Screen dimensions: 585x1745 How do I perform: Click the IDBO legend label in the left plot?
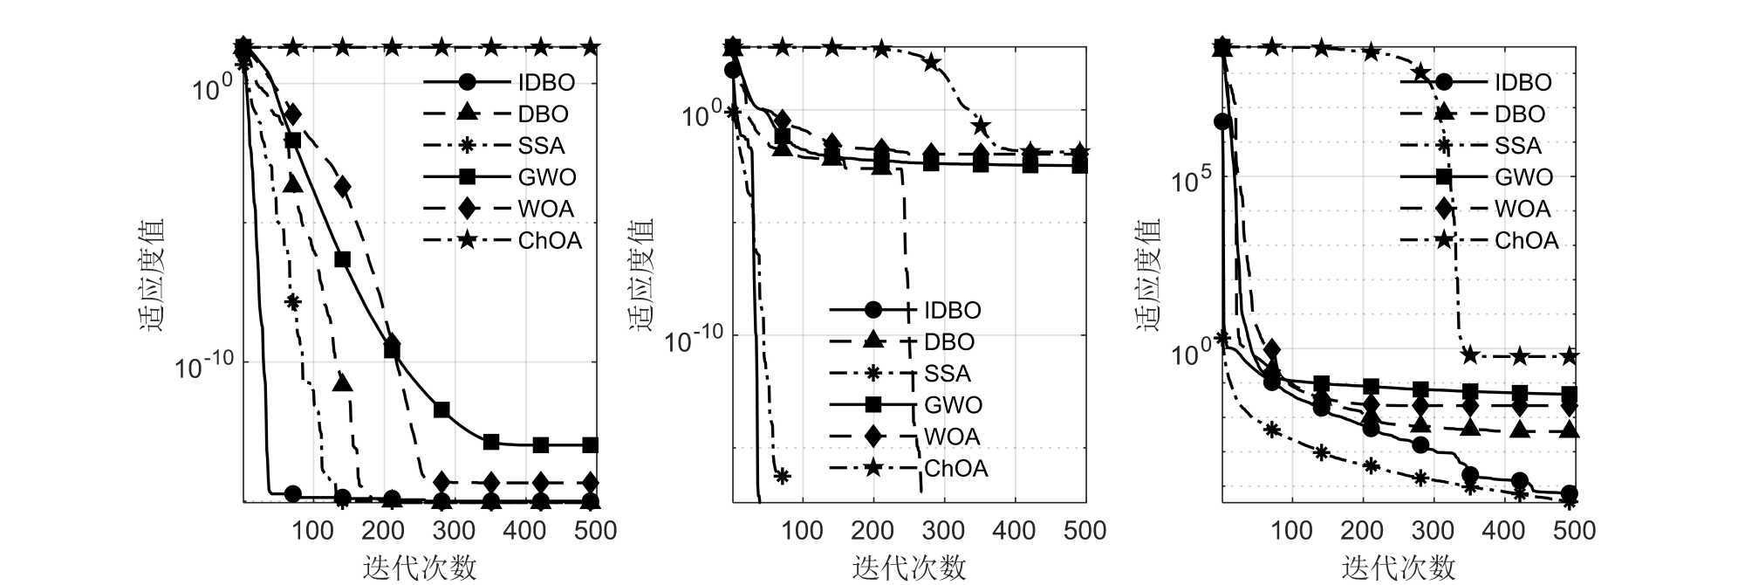pyautogui.click(x=546, y=82)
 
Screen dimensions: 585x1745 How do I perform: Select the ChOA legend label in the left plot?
pyautogui.click(x=550, y=240)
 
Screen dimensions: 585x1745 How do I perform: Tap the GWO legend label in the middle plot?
pyautogui.click(x=953, y=405)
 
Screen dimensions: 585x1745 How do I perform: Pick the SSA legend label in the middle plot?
pyautogui.click(x=947, y=374)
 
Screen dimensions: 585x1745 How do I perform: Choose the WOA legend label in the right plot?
pyautogui.click(x=1523, y=209)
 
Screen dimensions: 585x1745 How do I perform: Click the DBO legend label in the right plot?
pyautogui.click(x=1519, y=114)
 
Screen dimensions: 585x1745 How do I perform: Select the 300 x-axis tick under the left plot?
pyautogui.click(x=454, y=530)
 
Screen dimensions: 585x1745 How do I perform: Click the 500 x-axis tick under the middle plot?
pyautogui.click(x=1085, y=530)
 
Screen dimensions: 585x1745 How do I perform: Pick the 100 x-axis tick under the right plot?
pyautogui.click(x=1291, y=530)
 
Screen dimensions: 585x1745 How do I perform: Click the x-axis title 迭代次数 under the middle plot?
pyautogui.click(x=909, y=568)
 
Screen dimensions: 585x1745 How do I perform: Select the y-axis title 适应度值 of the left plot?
pyautogui.click(x=152, y=274)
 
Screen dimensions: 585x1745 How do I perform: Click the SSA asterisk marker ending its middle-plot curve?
pyautogui.click(x=783, y=476)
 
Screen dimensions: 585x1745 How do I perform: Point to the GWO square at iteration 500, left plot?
pyautogui.click(x=591, y=445)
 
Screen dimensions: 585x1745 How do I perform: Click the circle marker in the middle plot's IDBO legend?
pyautogui.click(x=872, y=310)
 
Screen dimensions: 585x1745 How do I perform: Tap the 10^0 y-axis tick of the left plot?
pyautogui.click(x=212, y=88)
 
